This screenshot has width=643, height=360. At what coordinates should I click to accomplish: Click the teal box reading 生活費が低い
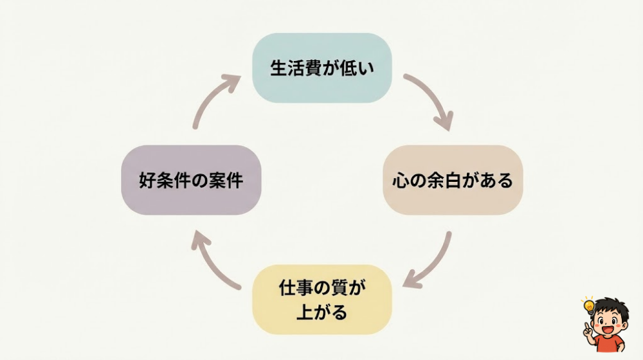pos(321,68)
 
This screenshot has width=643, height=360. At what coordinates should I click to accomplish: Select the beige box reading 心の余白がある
pos(453,180)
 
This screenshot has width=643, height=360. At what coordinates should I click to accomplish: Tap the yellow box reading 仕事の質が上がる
pos(321,299)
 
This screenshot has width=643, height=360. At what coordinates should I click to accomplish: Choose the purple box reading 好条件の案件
pos(191,180)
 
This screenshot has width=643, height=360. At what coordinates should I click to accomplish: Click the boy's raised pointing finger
pos(588,325)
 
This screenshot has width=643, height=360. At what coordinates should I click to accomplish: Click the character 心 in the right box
pos(400,181)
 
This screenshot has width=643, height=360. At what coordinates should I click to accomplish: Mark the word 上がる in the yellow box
pos(321,312)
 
